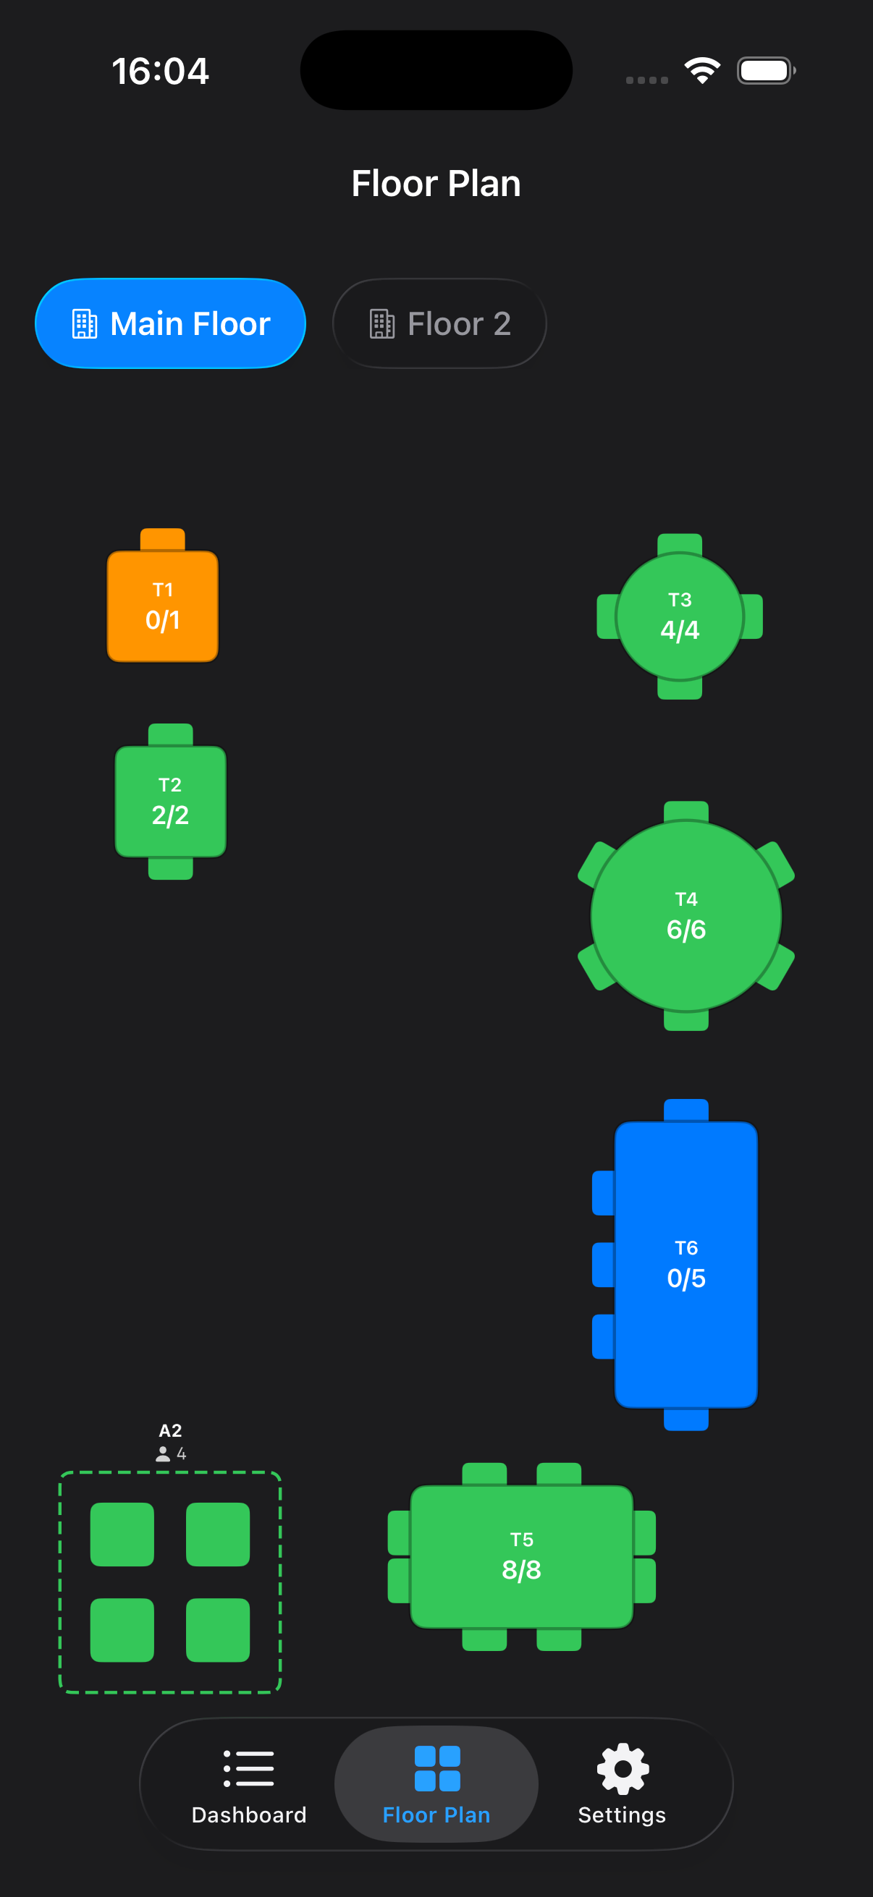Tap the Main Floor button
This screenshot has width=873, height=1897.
[170, 323]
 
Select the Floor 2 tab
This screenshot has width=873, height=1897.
[439, 323]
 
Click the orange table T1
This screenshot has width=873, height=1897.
[163, 606]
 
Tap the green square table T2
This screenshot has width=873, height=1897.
[170, 801]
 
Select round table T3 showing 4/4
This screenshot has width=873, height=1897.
[679, 616]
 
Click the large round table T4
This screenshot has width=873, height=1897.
[686, 916]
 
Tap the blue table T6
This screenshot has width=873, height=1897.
[686, 1265]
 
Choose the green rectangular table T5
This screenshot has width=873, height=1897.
[522, 1556]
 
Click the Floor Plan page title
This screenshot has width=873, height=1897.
[436, 183]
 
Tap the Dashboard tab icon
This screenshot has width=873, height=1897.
[249, 1769]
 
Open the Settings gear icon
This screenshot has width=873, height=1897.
[623, 1769]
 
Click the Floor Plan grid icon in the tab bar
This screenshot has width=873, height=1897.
[437, 1769]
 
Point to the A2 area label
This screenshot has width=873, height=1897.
[170, 1430]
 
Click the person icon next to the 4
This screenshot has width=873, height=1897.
[163, 1453]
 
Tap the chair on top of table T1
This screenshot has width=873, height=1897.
[163, 539]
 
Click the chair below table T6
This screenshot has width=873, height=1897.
[686, 1419]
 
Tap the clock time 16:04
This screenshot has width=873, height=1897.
[161, 72]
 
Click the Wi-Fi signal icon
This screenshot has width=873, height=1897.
[702, 71]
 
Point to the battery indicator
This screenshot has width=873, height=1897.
[765, 71]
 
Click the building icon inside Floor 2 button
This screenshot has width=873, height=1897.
[381, 324]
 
